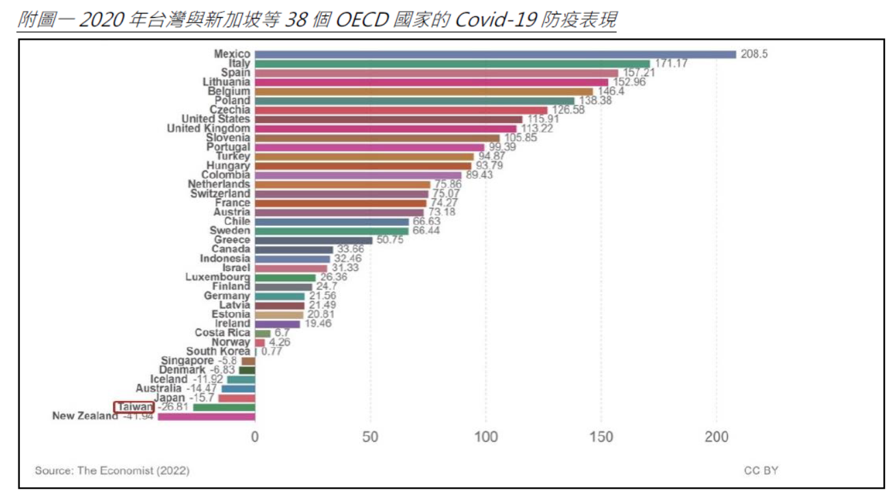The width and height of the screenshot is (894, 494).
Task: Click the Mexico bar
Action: [x=495, y=54]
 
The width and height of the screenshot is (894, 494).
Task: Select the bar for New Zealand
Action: [x=206, y=416]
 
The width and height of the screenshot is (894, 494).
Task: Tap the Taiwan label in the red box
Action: [x=134, y=407]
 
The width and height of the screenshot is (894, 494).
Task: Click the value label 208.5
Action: [x=754, y=54]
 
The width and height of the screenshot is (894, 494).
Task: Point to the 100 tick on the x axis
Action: [x=486, y=437]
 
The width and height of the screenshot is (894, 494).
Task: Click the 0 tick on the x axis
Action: [x=255, y=437]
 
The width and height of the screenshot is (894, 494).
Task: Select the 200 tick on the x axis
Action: [x=716, y=437]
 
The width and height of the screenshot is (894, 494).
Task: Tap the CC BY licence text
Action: [x=761, y=471]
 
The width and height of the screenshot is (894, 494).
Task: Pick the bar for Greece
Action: [x=313, y=240]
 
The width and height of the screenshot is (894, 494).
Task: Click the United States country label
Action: [x=215, y=119]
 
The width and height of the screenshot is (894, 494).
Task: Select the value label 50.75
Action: [x=389, y=240]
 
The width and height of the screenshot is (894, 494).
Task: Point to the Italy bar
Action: [x=452, y=64]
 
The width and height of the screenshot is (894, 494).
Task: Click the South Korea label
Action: [x=218, y=351]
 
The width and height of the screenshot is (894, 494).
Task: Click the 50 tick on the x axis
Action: [x=371, y=437]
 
